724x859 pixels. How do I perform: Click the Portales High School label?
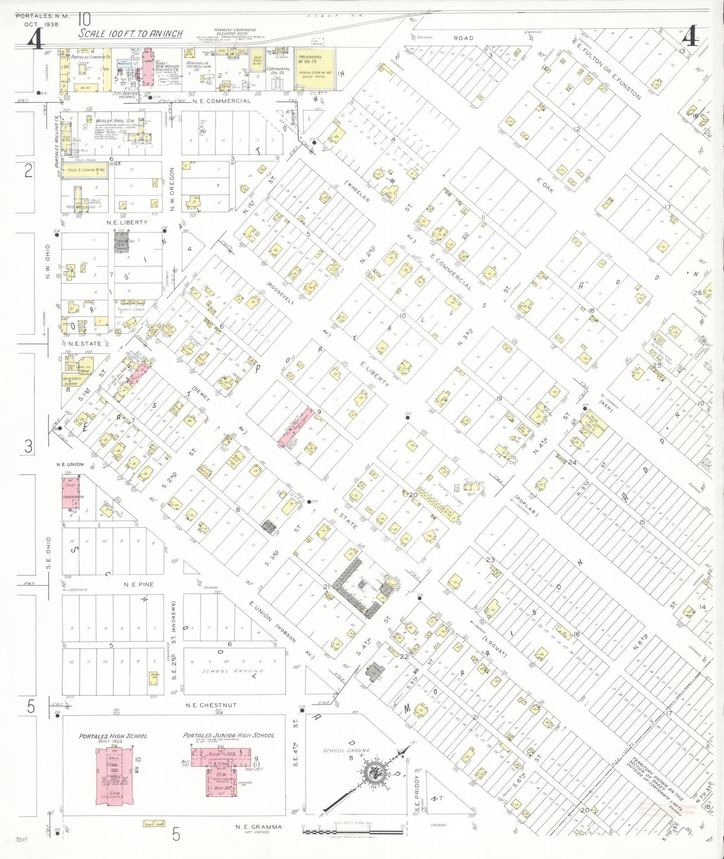(x=113, y=736)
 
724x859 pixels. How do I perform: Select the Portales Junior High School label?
(x=228, y=735)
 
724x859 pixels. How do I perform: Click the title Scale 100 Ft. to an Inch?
(x=130, y=34)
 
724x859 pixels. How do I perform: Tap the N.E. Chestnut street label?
(x=210, y=705)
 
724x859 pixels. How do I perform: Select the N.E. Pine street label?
(x=139, y=584)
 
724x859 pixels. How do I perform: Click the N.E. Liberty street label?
(x=127, y=222)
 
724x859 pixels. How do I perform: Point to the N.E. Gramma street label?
(x=259, y=826)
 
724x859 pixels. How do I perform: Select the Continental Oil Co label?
(x=278, y=71)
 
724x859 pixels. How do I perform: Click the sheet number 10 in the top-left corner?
(x=84, y=20)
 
